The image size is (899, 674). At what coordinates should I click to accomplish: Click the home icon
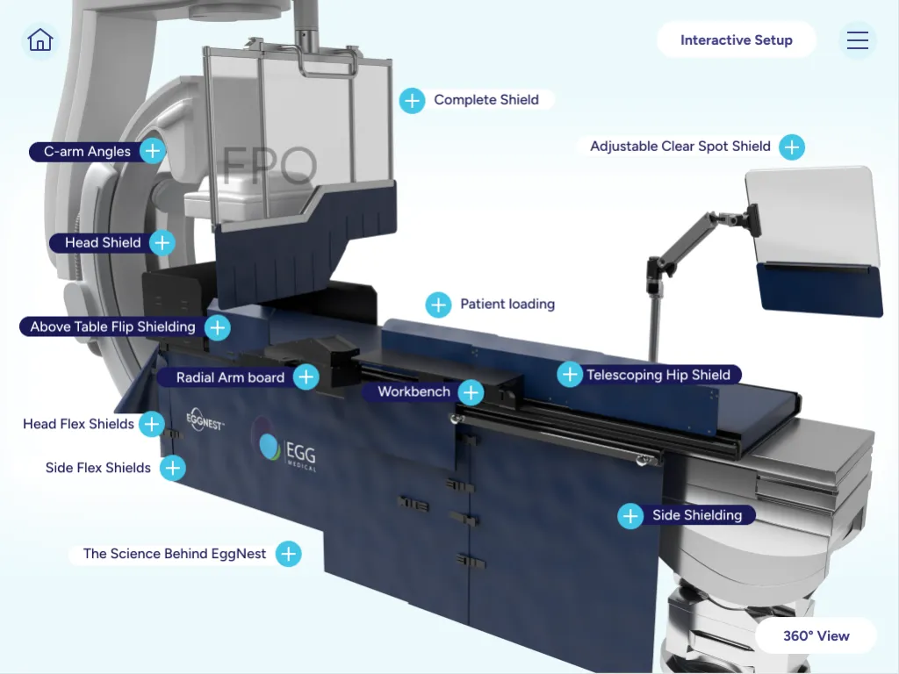click(x=40, y=40)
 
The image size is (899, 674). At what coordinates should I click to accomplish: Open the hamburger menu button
click(x=858, y=39)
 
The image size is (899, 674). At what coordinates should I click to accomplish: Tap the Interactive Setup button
click(x=737, y=39)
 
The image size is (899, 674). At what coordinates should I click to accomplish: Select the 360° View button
click(x=816, y=635)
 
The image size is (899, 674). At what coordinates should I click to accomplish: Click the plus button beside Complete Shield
click(x=413, y=101)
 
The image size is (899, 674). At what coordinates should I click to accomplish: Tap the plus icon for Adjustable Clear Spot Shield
click(x=792, y=147)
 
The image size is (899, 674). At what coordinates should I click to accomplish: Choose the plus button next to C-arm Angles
click(x=153, y=151)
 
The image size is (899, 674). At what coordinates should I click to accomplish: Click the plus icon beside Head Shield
click(x=162, y=242)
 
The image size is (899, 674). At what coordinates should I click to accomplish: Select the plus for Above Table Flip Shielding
click(x=218, y=328)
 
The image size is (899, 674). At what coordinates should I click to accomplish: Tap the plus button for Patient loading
click(x=439, y=305)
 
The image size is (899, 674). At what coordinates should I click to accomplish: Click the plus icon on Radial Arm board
click(x=306, y=376)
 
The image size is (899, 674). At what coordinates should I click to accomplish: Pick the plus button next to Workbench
click(x=471, y=392)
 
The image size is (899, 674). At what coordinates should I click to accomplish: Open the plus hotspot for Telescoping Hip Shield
click(x=570, y=374)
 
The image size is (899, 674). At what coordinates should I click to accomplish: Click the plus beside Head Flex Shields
click(x=152, y=424)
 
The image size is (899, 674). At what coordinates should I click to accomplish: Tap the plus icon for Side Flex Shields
click(x=173, y=469)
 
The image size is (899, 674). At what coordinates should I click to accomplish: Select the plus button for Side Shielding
click(x=630, y=516)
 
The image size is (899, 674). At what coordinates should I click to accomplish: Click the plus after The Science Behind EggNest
click(x=288, y=554)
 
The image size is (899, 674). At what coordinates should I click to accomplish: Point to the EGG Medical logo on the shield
click(x=284, y=446)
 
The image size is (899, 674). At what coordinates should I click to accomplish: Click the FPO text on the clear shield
click(x=269, y=165)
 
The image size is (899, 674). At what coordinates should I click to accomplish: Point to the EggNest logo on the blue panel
click(x=205, y=419)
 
